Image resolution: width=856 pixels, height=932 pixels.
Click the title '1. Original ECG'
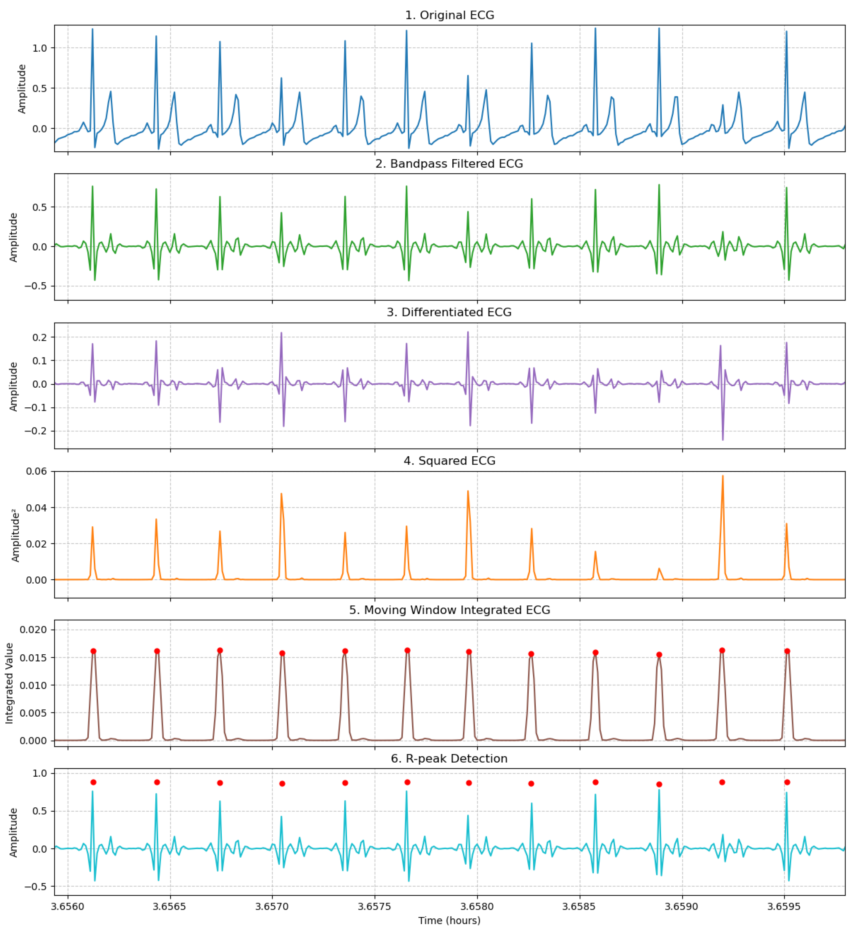pyautogui.click(x=449, y=15)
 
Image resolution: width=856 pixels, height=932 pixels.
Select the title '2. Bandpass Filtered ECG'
pyautogui.click(x=449, y=164)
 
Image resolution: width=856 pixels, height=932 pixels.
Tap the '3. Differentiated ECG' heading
pyautogui.click(x=449, y=313)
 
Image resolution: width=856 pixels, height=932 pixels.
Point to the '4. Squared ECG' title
pyautogui.click(x=449, y=461)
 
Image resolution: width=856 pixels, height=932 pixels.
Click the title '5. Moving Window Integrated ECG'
pyautogui.click(x=449, y=611)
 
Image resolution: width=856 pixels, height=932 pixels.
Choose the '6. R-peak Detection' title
pyautogui.click(x=449, y=759)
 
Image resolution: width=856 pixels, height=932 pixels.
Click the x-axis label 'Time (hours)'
pyautogui.click(x=449, y=920)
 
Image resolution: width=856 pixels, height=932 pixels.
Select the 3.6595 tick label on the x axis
pyautogui.click(x=784, y=907)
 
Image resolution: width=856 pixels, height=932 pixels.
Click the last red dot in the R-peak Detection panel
pyautogui.click(x=787, y=782)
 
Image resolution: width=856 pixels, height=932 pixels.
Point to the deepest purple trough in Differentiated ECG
pyautogui.click(x=723, y=440)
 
